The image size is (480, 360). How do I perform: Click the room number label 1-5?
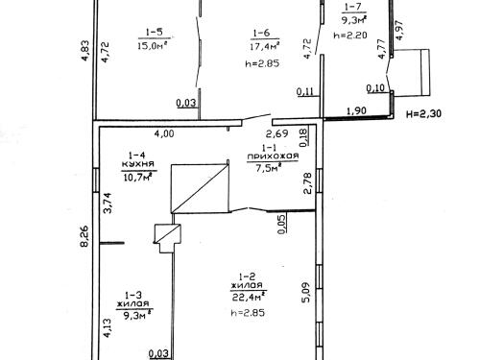pyautogui.click(x=155, y=32)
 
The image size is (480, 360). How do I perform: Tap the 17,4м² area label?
pyautogui.click(x=265, y=46)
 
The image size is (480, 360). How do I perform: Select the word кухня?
pyautogui.click(x=138, y=164)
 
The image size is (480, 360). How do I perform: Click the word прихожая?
pyautogui.click(x=273, y=156)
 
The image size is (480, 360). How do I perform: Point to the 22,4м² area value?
pyautogui.click(x=249, y=298)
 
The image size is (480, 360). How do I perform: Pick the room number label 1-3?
pyautogui.click(x=133, y=295)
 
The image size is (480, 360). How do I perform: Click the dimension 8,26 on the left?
pyautogui.click(x=84, y=236)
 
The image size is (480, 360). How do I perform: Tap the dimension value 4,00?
pyautogui.click(x=164, y=133)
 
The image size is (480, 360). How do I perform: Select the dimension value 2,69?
pyautogui.click(x=277, y=133)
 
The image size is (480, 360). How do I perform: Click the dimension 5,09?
pyautogui.click(x=306, y=293)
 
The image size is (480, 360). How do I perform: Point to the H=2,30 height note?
pyautogui.click(x=423, y=113)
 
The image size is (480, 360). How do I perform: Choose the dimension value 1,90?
pyautogui.click(x=356, y=111)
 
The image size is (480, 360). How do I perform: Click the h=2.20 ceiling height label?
pyautogui.click(x=349, y=36)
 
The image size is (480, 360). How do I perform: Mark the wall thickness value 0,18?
pyautogui.click(x=303, y=137)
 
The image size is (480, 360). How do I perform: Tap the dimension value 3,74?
pyautogui.click(x=108, y=203)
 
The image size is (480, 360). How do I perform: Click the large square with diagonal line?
pyautogui.click(x=200, y=188)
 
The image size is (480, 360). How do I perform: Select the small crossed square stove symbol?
pyautogui.click(x=167, y=233)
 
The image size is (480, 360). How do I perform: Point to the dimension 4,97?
pyautogui.click(x=399, y=30)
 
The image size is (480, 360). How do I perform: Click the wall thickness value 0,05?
pyautogui.click(x=281, y=224)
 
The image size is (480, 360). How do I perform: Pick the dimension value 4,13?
pyautogui.click(x=108, y=327)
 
